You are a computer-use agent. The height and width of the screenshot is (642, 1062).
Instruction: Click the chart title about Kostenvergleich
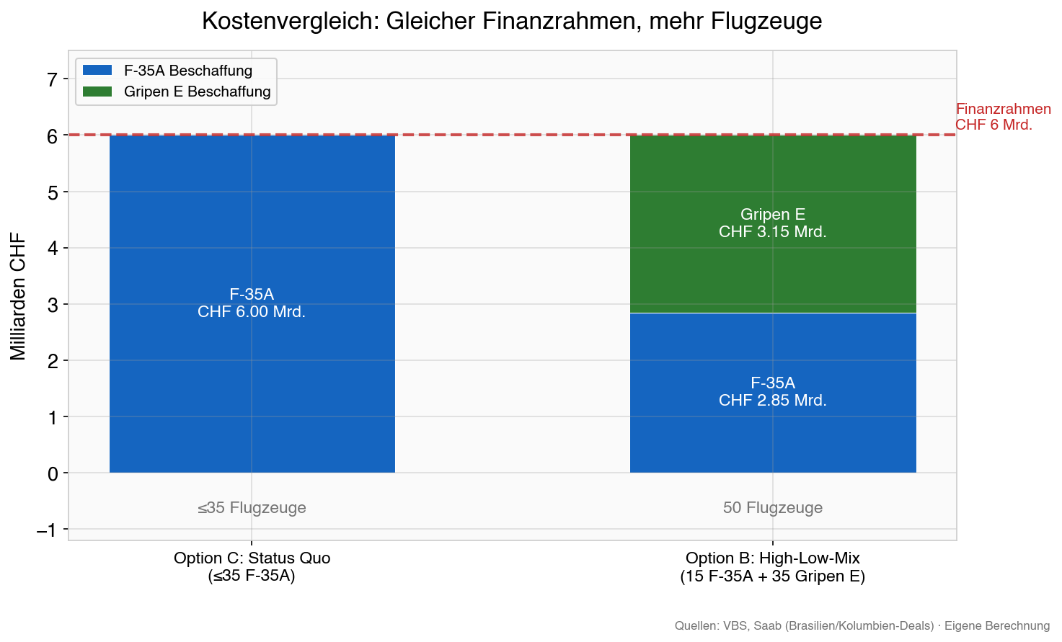point(512,21)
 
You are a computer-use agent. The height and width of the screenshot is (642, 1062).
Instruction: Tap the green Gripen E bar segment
point(773,180)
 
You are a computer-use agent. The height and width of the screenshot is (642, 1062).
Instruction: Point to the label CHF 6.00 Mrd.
point(252,312)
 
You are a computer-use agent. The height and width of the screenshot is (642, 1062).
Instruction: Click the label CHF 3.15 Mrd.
point(773,232)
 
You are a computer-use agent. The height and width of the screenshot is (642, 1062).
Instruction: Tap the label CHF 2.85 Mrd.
point(773,401)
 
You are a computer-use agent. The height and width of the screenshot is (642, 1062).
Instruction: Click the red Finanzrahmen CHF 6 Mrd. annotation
point(1003,117)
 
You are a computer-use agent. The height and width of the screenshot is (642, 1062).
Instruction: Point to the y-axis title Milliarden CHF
point(18,295)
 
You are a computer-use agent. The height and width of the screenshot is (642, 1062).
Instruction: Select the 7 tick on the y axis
point(52,79)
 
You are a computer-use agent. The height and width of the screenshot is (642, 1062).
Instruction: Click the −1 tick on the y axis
point(47,530)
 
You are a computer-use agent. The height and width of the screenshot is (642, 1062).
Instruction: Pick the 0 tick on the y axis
point(52,473)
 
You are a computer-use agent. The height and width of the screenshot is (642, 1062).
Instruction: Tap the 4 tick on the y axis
point(52,249)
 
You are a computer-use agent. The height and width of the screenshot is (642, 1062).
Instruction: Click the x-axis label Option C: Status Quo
point(252,558)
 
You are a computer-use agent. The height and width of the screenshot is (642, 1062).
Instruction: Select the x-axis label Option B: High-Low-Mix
point(773,558)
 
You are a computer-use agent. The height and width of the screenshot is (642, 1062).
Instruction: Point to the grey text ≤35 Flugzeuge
point(252,508)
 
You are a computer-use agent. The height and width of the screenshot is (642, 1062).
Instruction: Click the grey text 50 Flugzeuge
point(773,508)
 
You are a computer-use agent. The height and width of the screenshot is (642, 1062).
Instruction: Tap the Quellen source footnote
point(862,625)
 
